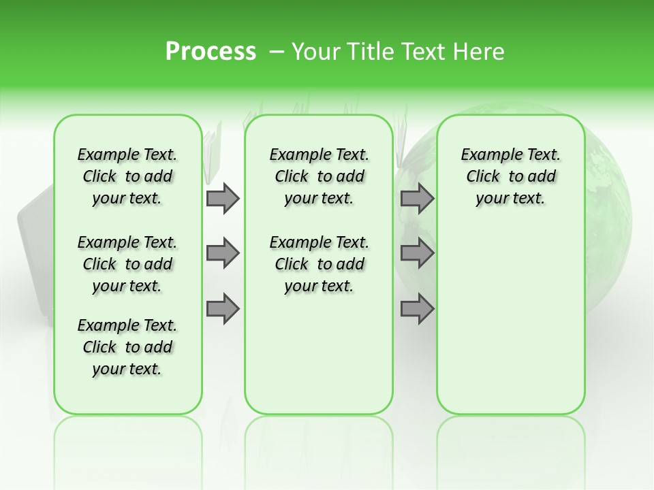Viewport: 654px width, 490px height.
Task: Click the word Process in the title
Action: tap(211, 51)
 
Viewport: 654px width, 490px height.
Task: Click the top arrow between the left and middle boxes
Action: tap(223, 198)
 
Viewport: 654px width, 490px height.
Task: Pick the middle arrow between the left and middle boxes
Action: tap(223, 253)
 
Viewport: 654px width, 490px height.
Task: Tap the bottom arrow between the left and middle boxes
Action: tap(223, 308)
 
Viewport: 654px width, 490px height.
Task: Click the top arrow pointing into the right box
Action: tap(417, 198)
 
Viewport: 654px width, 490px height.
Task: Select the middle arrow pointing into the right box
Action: tap(417, 253)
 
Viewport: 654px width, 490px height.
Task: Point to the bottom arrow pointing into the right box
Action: tap(417, 308)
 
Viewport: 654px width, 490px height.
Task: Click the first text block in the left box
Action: tap(127, 176)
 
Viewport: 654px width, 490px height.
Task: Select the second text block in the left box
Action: tap(127, 264)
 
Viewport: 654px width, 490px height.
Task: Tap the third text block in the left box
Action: tap(127, 347)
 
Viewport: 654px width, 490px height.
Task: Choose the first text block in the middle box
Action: tap(319, 176)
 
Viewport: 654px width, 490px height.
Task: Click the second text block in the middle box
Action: tap(319, 264)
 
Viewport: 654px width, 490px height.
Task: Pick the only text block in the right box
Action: tap(510, 176)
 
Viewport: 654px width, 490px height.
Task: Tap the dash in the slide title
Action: tap(276, 52)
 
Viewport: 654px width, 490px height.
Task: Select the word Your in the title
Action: tap(313, 52)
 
